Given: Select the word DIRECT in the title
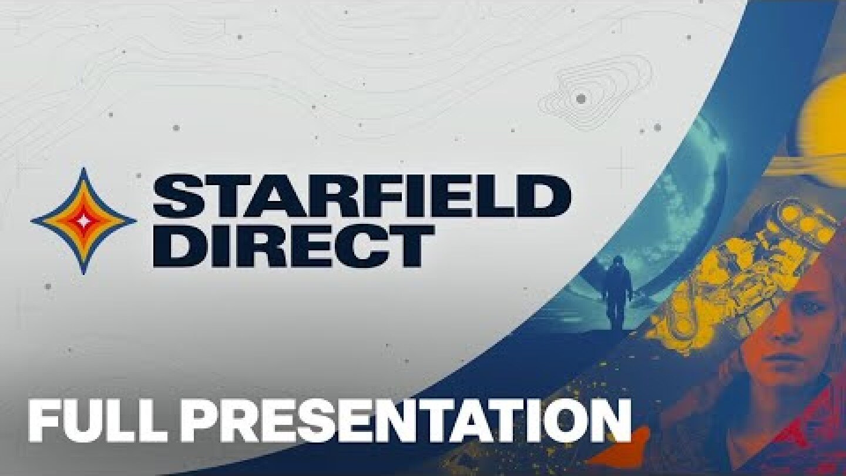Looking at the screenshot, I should pyautogui.click(x=293, y=245).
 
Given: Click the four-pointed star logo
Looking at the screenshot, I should pyautogui.click(x=83, y=221).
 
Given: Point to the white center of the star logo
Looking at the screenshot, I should pyautogui.click(x=83, y=221).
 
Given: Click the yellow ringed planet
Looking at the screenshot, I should pyautogui.click(x=822, y=123).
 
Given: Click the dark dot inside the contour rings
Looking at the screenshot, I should pyautogui.click(x=580, y=99).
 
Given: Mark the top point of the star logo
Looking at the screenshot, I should pyautogui.click(x=83, y=170).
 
